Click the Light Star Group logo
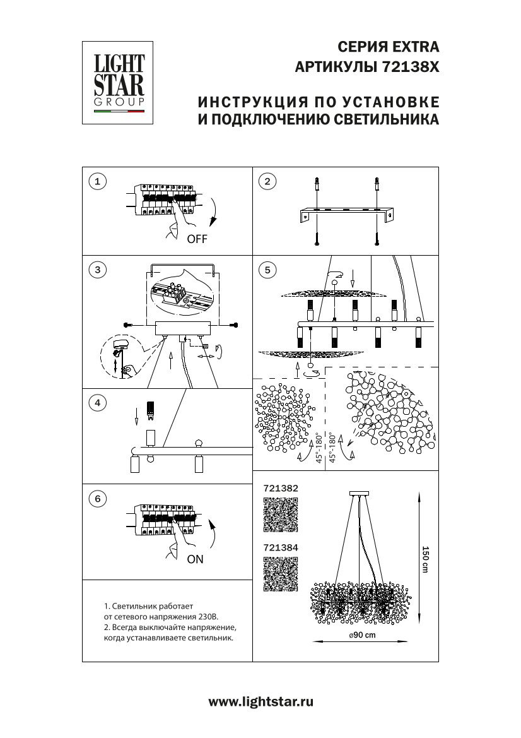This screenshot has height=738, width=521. pos(119,83)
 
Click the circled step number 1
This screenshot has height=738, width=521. pos(97,182)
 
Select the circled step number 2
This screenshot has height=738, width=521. pos(268,182)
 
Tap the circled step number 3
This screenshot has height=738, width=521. pos(97,270)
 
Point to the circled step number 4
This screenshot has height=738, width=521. pos(97,403)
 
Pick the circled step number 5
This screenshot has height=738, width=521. pos(268,270)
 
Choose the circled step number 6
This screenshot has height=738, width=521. pos(97,498)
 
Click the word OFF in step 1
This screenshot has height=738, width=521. pos(196,239)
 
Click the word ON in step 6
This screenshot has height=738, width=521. pos(196,559)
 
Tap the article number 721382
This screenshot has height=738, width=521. pos(279,488)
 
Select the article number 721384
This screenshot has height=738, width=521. pos(279,549)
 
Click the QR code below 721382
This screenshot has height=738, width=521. pos(280,515)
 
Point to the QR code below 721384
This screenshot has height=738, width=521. pos(280,575)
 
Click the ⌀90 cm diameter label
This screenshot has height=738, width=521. pos(361,635)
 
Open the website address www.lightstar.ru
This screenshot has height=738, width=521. pos(260,701)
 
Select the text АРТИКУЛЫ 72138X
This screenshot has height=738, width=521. pos(367,67)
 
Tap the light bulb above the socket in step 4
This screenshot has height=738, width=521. pos(151,411)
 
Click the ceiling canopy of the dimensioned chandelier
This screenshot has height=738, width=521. pos(360,493)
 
